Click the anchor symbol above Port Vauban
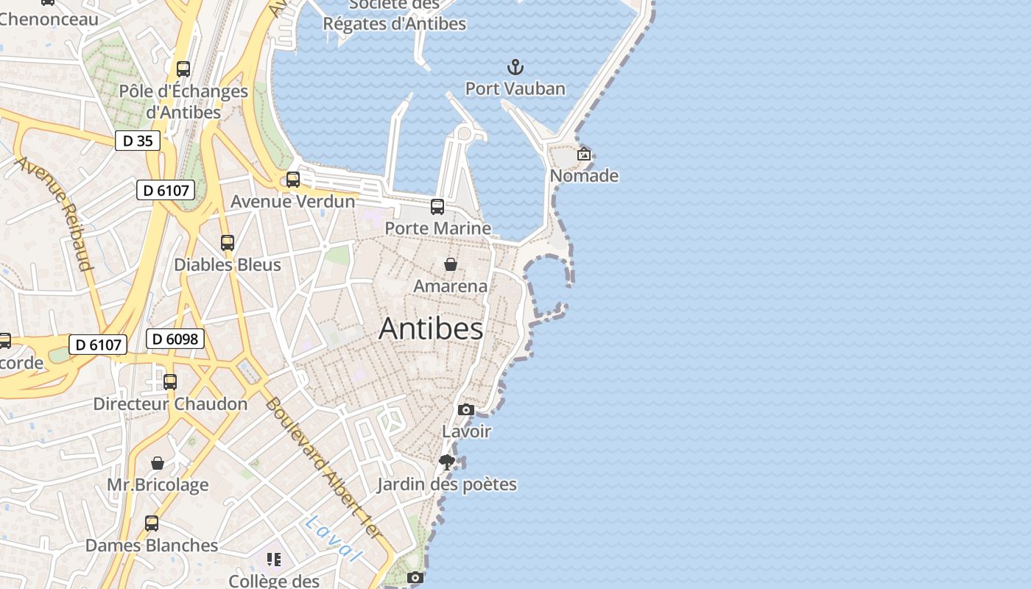pos(515,68)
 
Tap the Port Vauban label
pos(515,89)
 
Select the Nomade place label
pos(584,176)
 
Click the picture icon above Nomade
pos(584,155)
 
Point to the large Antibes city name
pos(431,328)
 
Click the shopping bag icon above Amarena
pos(451,264)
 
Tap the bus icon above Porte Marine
pos(437,207)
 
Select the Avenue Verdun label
pos(292,202)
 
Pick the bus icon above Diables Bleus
pos(228,243)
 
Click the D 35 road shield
pos(138,141)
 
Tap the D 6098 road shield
pos(175,339)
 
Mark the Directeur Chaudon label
pos(170,404)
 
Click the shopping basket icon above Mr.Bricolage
pos(158,463)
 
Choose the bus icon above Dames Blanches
pos(152,523)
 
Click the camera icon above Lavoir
pos(466,409)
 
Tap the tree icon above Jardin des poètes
pos(446,462)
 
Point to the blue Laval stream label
pos(334,538)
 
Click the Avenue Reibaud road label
pos(56,214)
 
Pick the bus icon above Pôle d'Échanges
pos(183,69)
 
